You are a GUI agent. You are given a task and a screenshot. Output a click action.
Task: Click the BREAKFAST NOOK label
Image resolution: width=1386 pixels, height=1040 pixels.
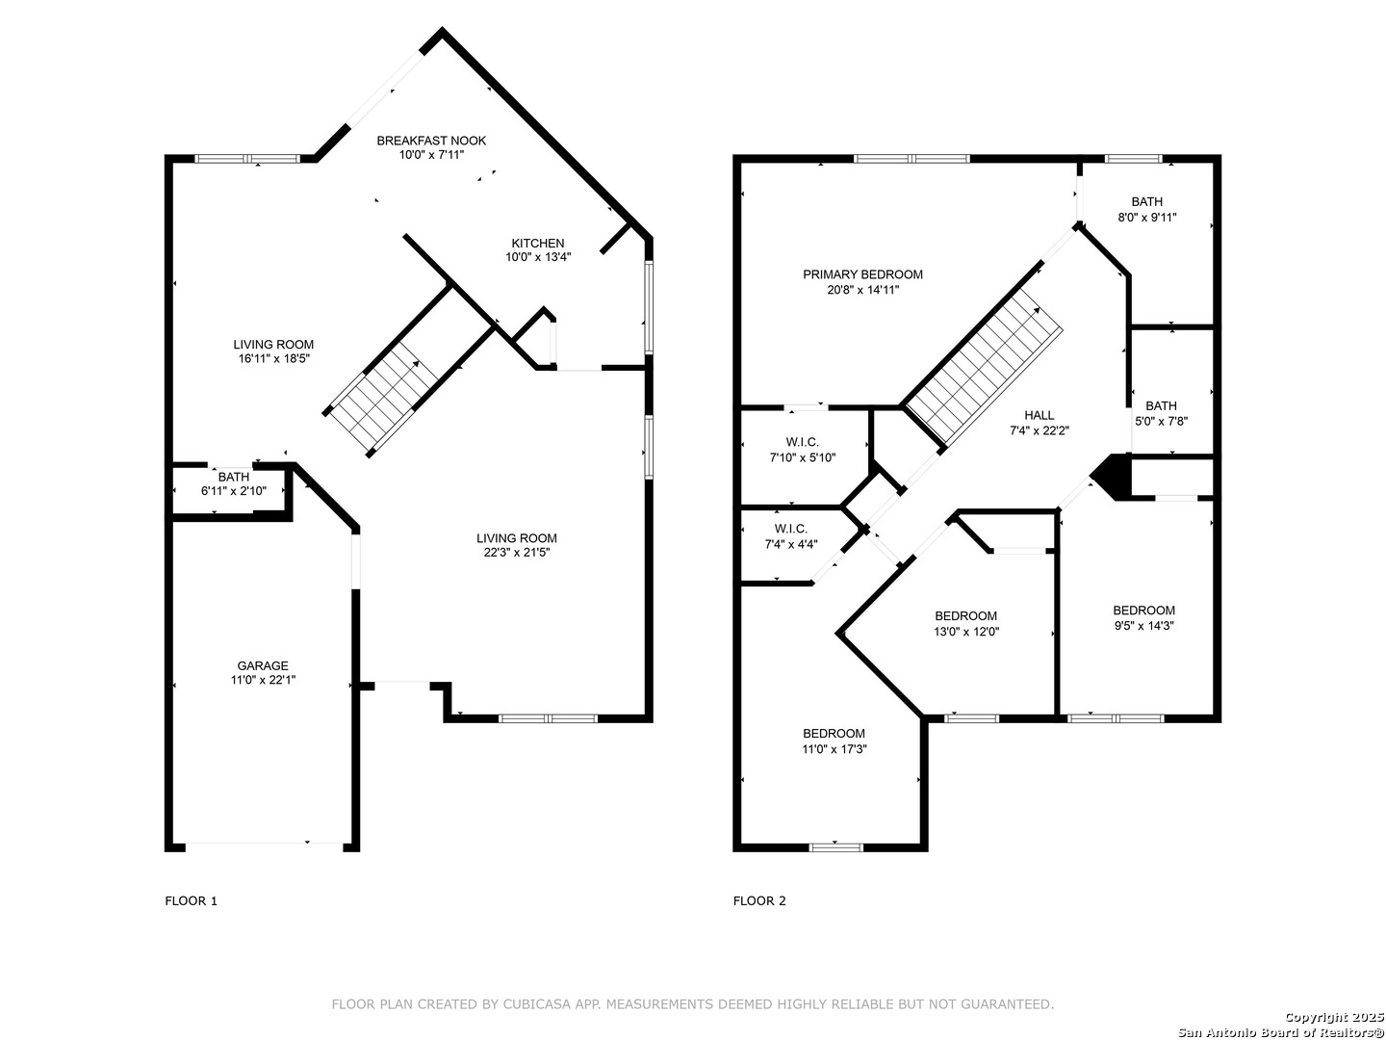[431, 141]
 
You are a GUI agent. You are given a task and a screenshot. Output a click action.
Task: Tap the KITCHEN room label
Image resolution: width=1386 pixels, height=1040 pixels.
[537, 243]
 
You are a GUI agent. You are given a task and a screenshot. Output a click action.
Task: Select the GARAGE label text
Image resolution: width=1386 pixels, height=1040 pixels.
[263, 665]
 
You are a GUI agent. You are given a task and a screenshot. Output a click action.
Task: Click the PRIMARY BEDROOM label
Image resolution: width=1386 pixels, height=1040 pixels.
[862, 274]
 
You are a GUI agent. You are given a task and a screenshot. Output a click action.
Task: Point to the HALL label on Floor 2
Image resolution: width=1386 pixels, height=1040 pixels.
[1039, 415]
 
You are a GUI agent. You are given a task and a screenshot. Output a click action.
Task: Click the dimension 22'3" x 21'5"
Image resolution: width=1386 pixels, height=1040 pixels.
[517, 553]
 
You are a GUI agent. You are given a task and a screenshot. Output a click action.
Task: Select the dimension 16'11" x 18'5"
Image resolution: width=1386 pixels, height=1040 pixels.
[273, 358]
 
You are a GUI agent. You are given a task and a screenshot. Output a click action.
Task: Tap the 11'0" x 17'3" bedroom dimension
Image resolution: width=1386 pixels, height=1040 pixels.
[834, 749]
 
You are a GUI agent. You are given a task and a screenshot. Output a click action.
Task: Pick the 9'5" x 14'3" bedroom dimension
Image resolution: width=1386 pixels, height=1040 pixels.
[1143, 626]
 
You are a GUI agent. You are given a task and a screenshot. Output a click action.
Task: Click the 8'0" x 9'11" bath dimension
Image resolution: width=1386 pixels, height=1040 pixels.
[1146, 218]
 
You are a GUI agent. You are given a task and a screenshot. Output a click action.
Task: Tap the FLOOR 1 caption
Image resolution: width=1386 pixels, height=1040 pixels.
[192, 901]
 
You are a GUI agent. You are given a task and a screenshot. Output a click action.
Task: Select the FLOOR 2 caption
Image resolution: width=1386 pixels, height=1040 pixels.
[759, 901]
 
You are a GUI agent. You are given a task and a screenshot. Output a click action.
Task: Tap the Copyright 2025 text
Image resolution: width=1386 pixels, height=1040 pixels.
[1334, 1017]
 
